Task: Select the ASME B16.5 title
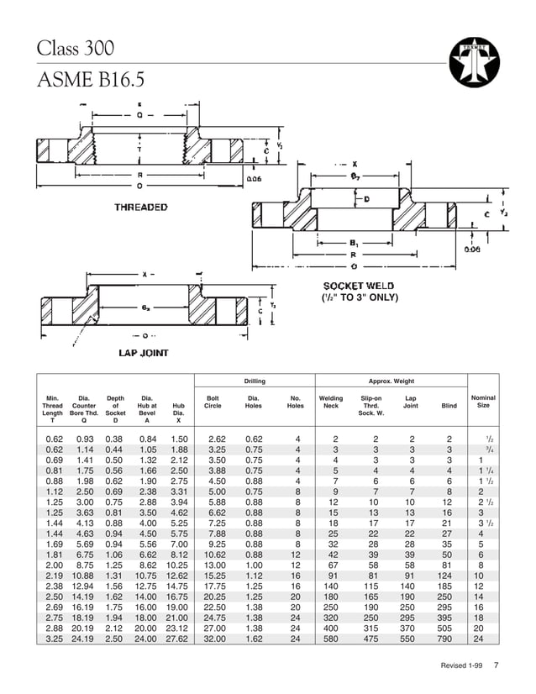91,80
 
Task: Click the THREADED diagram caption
140,207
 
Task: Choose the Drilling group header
255,381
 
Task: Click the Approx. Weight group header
391,381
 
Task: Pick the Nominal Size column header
483,402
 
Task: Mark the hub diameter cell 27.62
177,639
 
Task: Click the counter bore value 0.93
83,439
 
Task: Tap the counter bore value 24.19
82,639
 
